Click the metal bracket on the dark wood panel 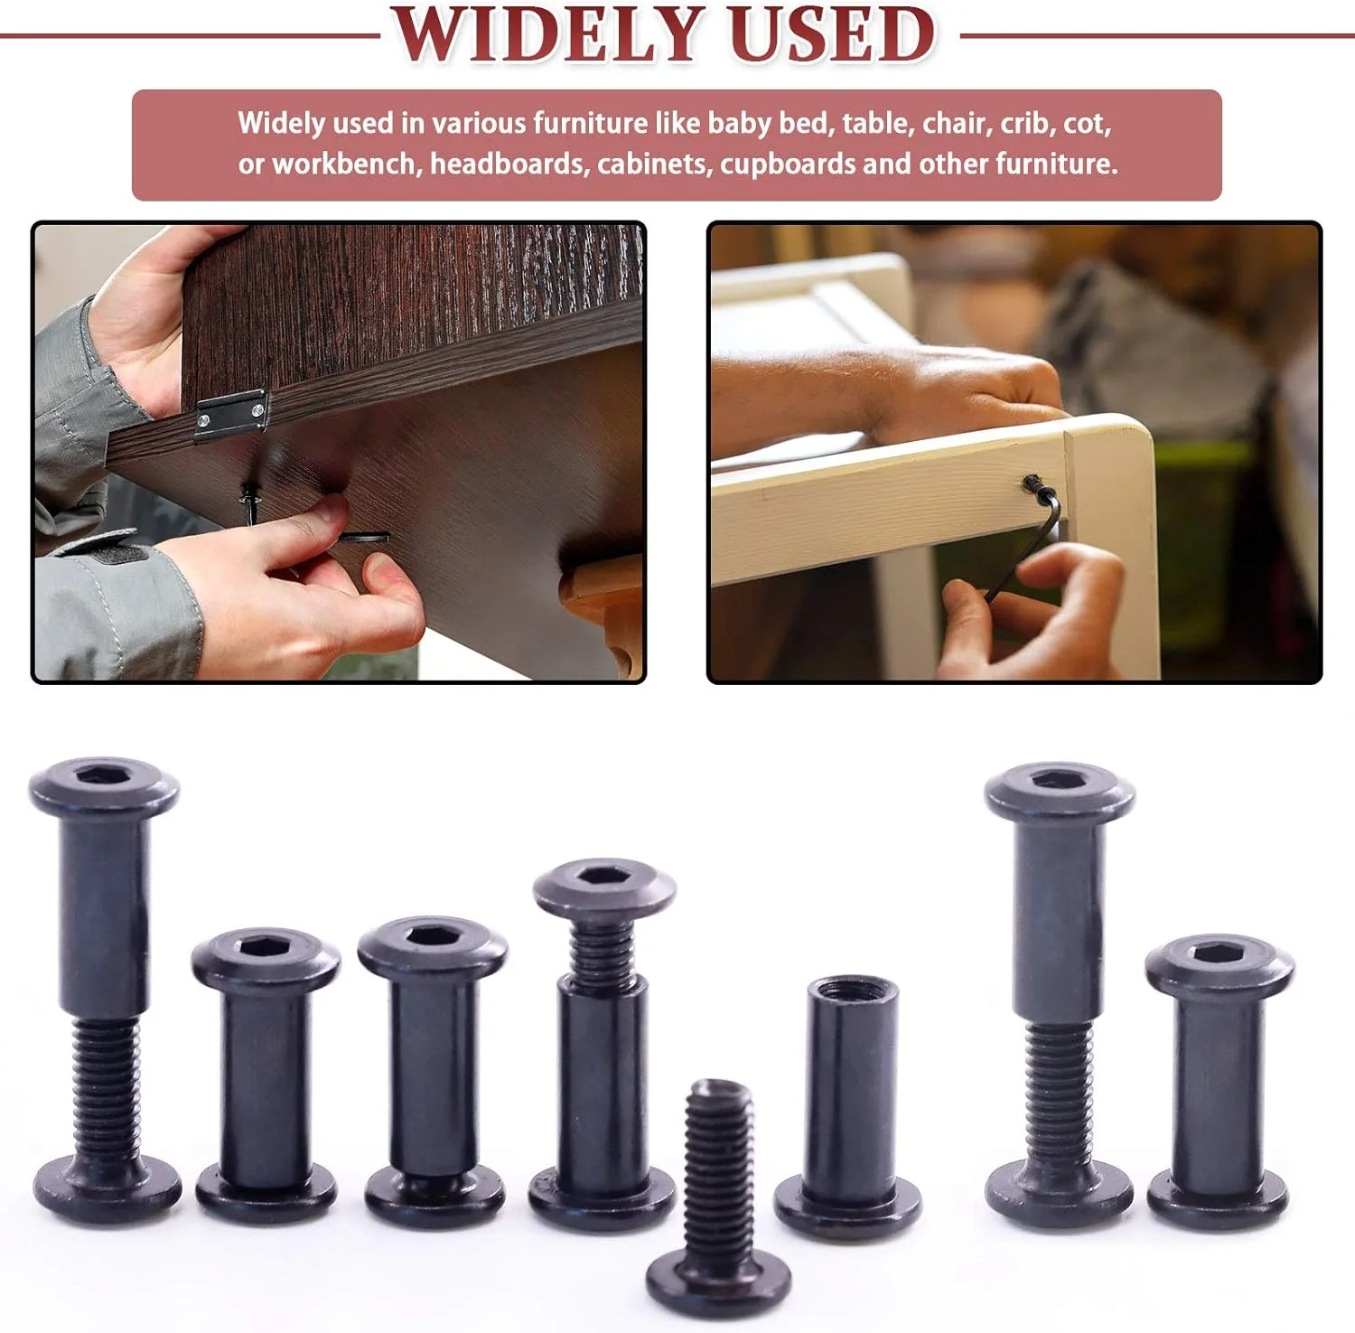pyautogui.click(x=231, y=414)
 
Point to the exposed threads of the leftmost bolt pyautogui.click(x=105, y=1089)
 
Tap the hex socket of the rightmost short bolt pyautogui.click(x=1219, y=954)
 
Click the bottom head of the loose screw pyautogui.click(x=718, y=1281)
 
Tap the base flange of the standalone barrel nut pyautogui.click(x=848, y=1206)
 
